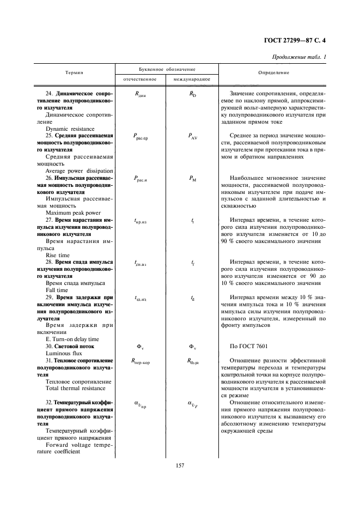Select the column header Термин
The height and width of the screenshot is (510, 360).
(x=74, y=72)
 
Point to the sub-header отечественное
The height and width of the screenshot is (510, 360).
(x=140, y=80)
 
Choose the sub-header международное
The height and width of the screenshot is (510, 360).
(x=192, y=80)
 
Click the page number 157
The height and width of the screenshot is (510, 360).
(x=180, y=465)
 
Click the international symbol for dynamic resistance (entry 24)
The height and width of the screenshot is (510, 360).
(x=192, y=94)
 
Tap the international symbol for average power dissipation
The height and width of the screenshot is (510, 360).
(x=193, y=136)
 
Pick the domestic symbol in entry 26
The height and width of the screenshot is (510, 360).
(x=141, y=178)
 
